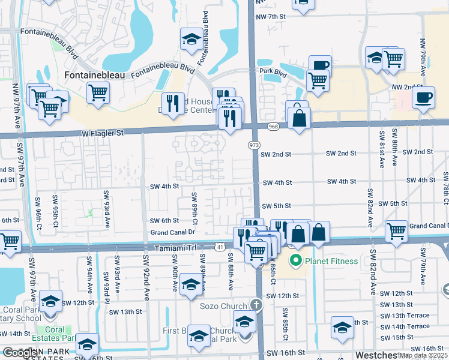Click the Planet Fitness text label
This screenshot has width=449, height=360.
point(331,261)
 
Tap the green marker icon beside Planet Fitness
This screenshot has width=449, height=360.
point(295,261)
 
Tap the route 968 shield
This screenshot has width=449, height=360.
point(274,126)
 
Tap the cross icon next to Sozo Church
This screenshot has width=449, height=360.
point(256,305)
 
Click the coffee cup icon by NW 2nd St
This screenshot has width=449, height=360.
point(424,97)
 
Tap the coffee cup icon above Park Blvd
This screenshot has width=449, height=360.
point(321,65)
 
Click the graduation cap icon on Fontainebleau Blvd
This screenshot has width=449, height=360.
point(191,40)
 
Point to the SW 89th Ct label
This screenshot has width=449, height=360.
point(194,206)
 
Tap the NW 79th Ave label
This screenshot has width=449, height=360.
point(423,56)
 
